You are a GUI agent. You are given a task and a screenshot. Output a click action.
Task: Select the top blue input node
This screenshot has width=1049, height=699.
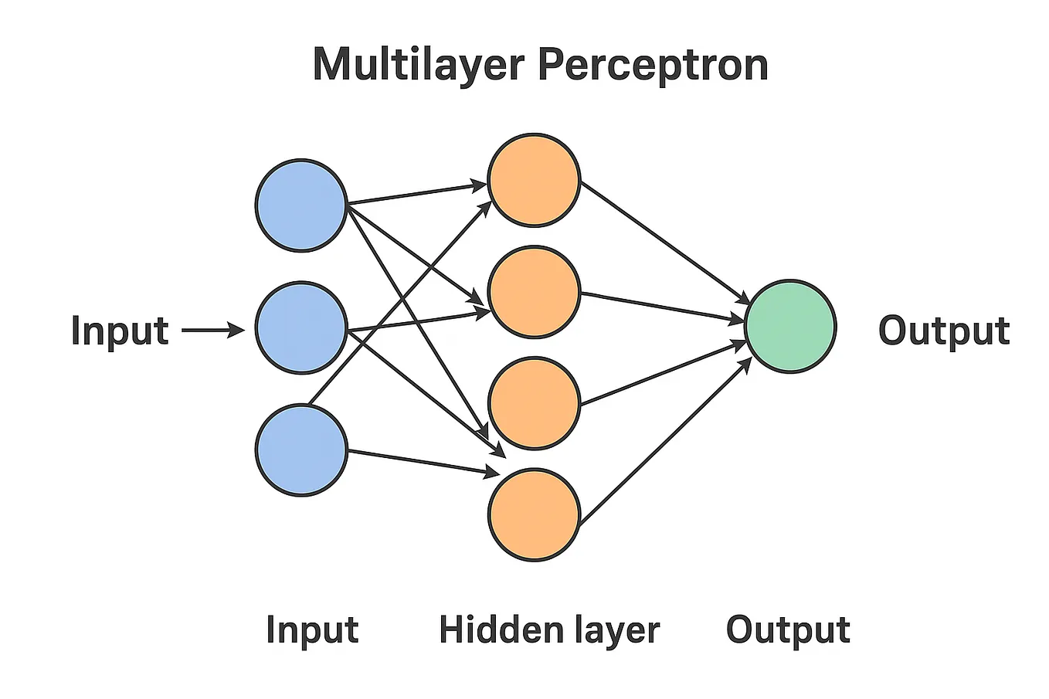[301, 205]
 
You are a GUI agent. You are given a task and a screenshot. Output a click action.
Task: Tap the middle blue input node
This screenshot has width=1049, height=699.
[301, 328]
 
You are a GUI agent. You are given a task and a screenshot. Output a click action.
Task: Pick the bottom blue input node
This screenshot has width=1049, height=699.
[301, 450]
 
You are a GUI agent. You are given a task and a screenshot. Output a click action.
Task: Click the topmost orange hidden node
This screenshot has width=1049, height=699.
[534, 181]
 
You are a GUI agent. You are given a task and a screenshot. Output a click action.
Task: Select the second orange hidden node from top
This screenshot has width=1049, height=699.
[534, 292]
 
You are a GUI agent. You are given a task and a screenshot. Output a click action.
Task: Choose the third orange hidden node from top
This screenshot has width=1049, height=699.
[534, 402]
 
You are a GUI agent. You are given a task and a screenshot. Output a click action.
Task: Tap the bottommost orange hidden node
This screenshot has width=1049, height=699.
[534, 514]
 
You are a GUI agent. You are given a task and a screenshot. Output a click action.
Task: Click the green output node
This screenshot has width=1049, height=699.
[790, 327]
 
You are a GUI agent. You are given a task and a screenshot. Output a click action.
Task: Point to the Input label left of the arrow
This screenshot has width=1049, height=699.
[120, 331]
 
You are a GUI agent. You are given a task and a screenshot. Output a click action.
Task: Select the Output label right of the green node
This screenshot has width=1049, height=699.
[944, 331]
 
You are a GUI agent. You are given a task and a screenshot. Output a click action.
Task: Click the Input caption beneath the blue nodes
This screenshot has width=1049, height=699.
[312, 629]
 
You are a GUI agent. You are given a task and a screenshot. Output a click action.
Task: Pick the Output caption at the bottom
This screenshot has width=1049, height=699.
[788, 629]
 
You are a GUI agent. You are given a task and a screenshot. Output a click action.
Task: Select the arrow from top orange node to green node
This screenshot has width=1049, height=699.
[664, 243]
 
